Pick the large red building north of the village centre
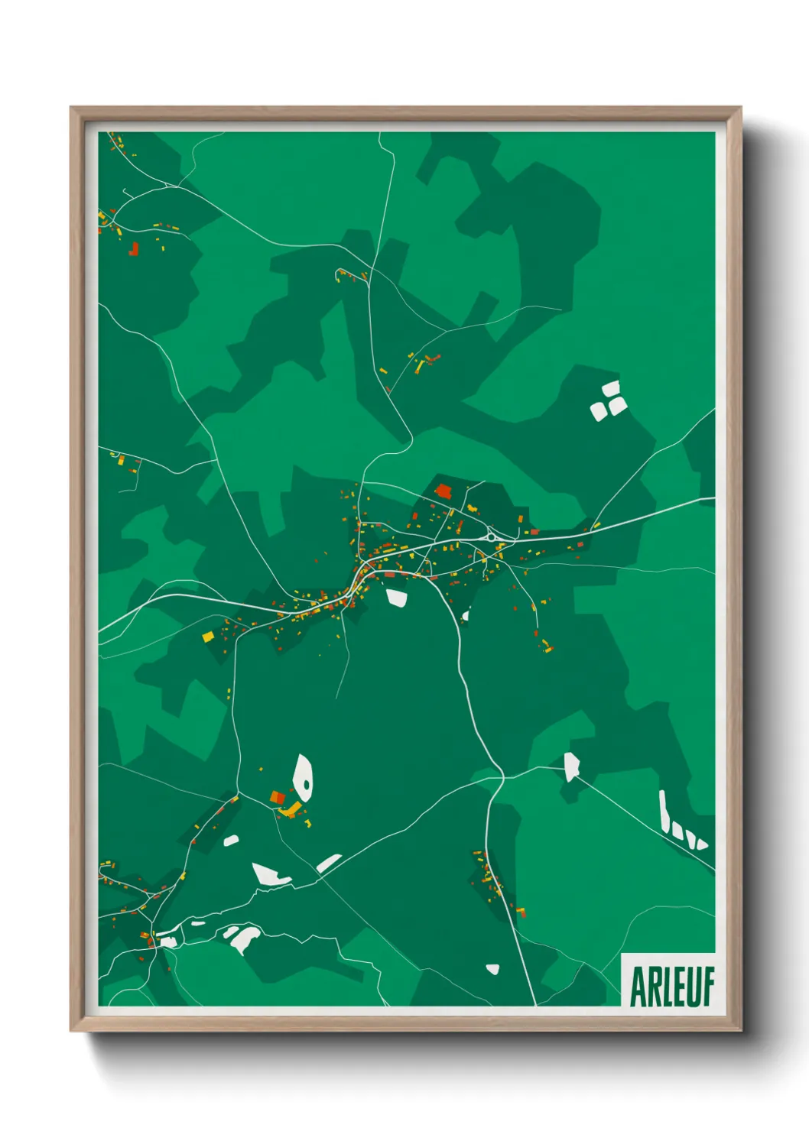click(x=443, y=491)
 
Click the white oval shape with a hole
click(x=303, y=776)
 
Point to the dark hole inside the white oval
click(x=306, y=783)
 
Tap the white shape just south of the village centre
click(x=397, y=597)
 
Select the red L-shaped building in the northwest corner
click(x=134, y=248)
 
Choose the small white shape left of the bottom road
click(x=492, y=969)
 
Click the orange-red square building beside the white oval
click(x=278, y=797)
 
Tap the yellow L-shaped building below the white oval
click(x=291, y=809)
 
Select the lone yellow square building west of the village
click(x=207, y=636)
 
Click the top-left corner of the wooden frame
click(x=72, y=109)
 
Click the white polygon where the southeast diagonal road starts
click(x=571, y=766)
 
